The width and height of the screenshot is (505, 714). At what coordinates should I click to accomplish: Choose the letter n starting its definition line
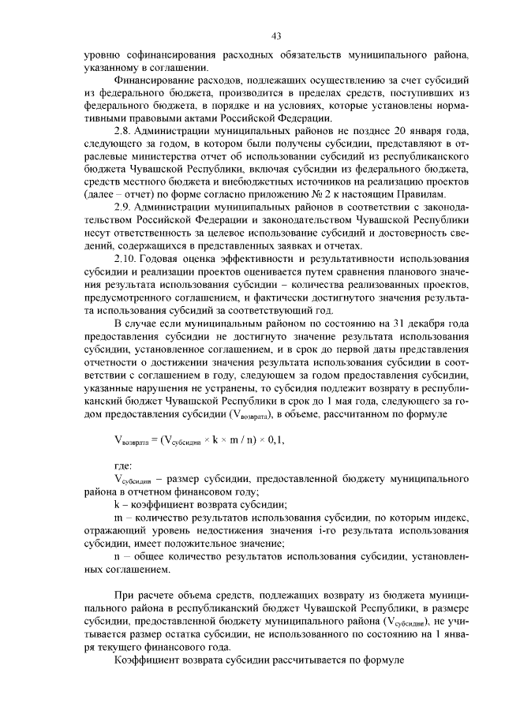117,555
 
